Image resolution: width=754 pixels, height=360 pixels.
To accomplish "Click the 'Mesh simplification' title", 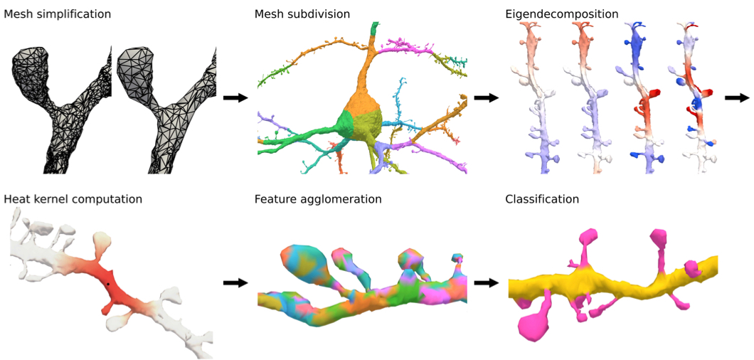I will click(57, 14).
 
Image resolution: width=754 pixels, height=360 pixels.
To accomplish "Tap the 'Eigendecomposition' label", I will click(562, 14).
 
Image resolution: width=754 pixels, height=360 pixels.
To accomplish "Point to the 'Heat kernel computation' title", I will click(73, 199).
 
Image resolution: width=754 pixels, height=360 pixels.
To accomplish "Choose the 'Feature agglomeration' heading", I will click(318, 199).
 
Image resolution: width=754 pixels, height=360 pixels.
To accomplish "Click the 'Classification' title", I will click(542, 199).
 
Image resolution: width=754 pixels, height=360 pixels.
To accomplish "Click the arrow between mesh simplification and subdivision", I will click(235, 97).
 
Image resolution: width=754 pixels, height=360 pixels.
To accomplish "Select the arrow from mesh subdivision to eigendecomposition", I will click(487, 97).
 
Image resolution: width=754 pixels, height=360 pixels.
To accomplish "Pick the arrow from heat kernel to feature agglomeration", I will click(235, 282).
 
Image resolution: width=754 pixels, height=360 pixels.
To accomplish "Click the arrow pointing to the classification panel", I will click(487, 282).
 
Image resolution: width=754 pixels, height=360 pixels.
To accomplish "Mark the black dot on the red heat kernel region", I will click(107, 284).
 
